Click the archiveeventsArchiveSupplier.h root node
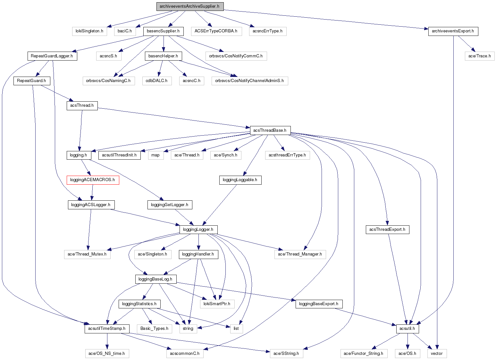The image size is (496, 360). [190, 6]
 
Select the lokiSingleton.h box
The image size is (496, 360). [89, 31]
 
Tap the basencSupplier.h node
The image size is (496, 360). [164, 31]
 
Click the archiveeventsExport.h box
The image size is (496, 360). [453, 31]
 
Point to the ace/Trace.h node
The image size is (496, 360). [479, 56]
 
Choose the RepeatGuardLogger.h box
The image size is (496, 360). [52, 56]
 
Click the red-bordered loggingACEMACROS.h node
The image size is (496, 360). [92, 180]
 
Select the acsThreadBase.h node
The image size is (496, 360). [270, 130]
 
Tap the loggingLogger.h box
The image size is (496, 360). [198, 230]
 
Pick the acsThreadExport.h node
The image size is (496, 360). [387, 230]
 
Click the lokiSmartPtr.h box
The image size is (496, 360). [217, 304]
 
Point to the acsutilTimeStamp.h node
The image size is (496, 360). [107, 329]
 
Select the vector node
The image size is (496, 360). [437, 353]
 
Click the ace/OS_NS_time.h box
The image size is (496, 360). [107, 353]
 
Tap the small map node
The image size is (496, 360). [156, 155]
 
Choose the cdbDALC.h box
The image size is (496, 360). [156, 80]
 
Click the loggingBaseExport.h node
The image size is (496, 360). [319, 304]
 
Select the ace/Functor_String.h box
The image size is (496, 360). [363, 353]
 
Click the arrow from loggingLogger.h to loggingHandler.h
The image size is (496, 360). [198, 242]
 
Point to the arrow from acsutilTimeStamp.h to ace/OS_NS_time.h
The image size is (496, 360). [107, 341]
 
